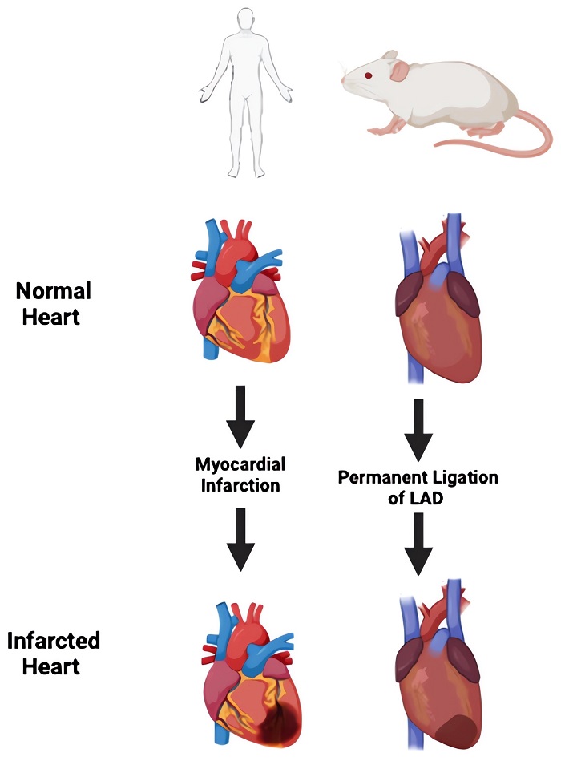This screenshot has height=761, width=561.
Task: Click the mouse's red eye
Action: point(368,75)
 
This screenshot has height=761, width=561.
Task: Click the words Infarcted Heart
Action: point(54,653)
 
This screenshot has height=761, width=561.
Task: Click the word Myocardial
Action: point(240,465)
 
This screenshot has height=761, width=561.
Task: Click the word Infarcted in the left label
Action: point(54,642)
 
